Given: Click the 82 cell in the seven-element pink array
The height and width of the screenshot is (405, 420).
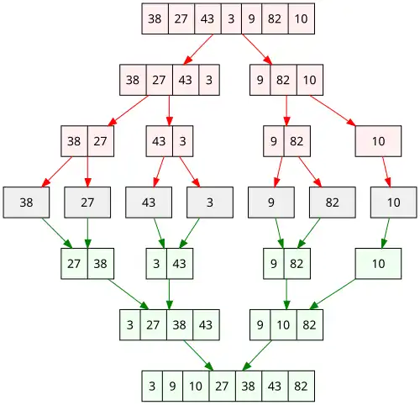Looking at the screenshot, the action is click(x=275, y=18).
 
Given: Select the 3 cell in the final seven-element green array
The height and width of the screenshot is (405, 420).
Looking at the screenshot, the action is click(x=152, y=386).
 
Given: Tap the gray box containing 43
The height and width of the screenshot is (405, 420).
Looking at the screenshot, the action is click(x=149, y=202).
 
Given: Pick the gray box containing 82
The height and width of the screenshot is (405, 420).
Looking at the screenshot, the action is click(x=333, y=202).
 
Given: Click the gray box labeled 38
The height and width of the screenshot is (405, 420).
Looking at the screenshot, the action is click(x=26, y=202).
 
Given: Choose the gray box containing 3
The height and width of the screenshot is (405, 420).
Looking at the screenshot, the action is click(x=210, y=202).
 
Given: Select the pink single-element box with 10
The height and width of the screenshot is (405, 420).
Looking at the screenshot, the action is click(x=378, y=141).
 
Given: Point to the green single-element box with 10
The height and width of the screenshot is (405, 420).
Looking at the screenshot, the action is click(x=378, y=264).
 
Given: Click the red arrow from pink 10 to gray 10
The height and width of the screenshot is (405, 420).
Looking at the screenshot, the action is click(x=386, y=171).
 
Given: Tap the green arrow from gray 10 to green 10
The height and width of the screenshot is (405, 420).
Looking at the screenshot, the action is click(x=386, y=233).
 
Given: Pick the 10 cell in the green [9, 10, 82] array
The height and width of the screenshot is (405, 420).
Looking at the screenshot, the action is click(x=283, y=325).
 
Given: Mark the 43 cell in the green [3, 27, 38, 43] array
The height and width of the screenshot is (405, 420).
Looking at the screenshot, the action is click(x=206, y=325).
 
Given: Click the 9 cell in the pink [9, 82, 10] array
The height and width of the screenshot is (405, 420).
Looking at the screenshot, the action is click(x=260, y=80).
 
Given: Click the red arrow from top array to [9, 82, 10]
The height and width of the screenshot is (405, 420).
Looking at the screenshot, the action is click(x=257, y=50).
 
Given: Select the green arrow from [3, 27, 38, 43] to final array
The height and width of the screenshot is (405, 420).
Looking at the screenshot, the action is click(x=198, y=355).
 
